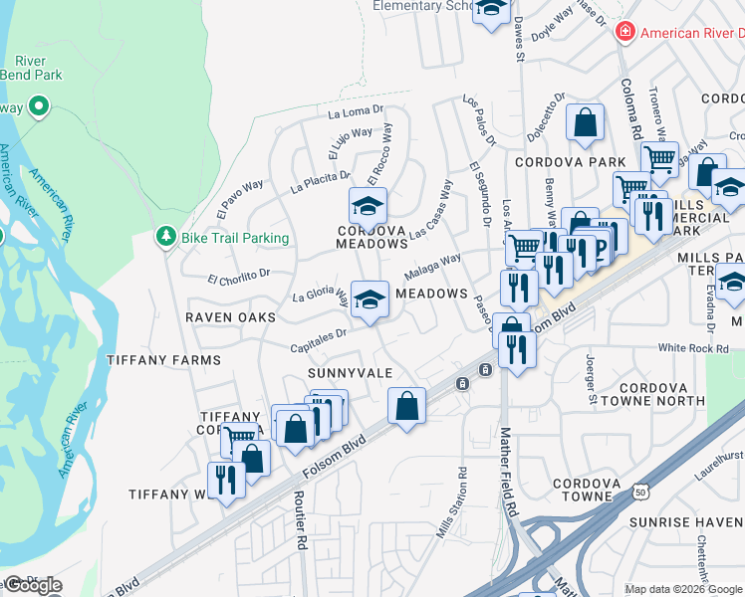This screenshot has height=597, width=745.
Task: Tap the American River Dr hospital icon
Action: [x=624, y=33]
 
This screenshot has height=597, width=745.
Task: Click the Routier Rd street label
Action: [x=300, y=520]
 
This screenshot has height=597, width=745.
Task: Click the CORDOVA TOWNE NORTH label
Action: [x=661, y=394]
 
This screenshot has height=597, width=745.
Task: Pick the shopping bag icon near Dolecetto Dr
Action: [x=586, y=123]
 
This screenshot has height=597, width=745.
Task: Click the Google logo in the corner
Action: [x=33, y=584]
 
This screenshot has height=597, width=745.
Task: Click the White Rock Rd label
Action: [x=694, y=349]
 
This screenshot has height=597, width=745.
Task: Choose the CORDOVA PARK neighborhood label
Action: [x=570, y=161]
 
